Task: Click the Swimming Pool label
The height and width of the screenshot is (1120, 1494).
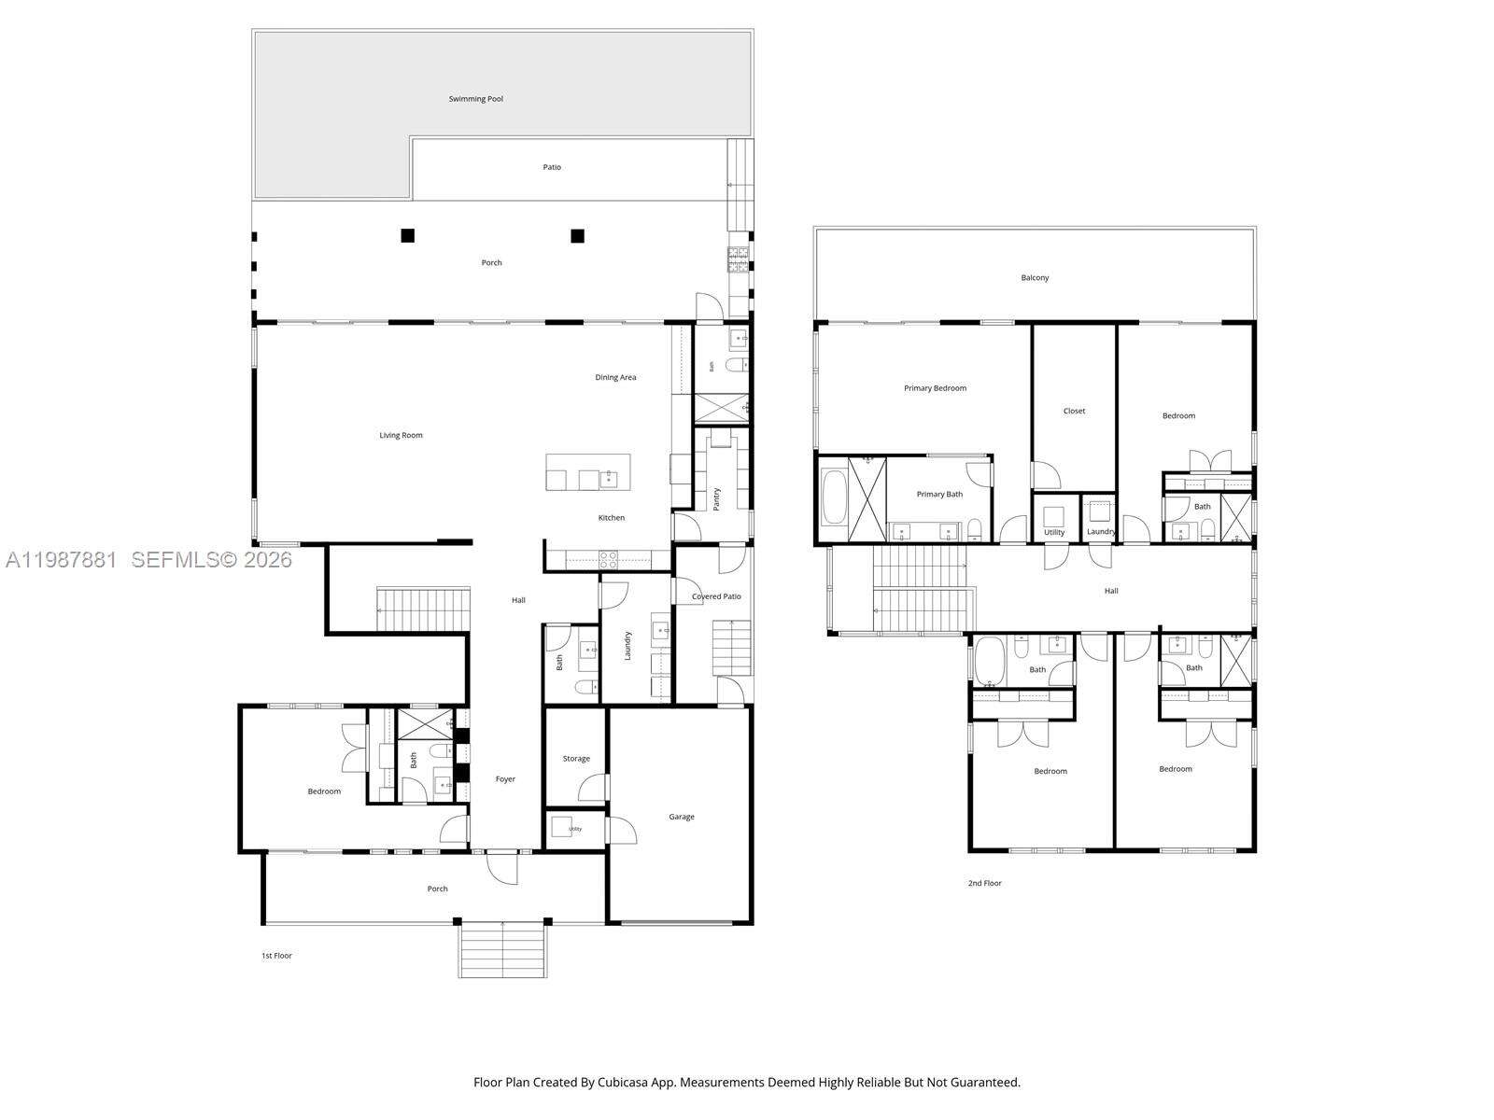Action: (475, 99)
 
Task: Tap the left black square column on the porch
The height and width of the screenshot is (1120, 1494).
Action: (407, 235)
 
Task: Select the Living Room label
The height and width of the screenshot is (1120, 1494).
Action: (401, 435)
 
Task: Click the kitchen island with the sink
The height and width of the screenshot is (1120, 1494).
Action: (587, 472)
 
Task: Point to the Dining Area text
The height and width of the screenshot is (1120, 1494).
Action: (615, 377)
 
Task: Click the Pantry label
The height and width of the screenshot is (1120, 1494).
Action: (717, 498)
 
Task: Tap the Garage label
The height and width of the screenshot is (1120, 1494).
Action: (681, 817)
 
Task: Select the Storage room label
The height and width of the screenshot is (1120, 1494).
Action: (576, 759)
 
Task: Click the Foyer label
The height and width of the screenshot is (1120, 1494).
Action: (505, 779)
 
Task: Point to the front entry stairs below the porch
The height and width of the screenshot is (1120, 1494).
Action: (502, 949)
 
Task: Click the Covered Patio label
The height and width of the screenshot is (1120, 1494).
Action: (716, 596)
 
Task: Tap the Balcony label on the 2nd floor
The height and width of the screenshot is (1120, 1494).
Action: (1035, 278)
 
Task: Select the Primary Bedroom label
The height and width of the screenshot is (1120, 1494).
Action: (935, 388)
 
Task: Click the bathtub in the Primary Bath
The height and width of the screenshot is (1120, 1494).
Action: (833, 498)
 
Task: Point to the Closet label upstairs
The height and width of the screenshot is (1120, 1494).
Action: (1074, 411)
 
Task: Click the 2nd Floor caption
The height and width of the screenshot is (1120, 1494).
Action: (984, 883)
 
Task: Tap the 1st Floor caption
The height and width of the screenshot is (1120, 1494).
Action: (276, 956)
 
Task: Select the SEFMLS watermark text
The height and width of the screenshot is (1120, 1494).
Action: (211, 560)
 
